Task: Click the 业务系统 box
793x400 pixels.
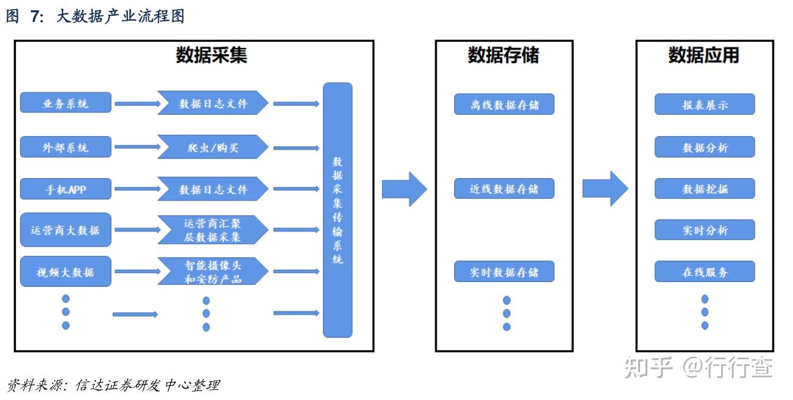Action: tap(66, 103)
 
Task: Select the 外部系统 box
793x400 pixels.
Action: tap(66, 147)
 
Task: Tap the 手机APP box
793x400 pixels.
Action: tap(66, 189)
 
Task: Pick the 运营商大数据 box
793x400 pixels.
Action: tap(66, 230)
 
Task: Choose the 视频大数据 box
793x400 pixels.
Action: tap(66, 272)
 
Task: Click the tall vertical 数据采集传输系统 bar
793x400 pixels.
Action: tap(338, 210)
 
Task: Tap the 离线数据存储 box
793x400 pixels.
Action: tap(504, 104)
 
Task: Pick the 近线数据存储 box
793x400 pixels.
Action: tap(504, 188)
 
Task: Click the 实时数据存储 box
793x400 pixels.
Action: tap(504, 271)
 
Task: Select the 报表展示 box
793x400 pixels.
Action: tap(704, 104)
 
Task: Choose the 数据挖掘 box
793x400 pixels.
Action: tap(704, 188)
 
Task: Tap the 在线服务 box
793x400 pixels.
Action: tap(704, 271)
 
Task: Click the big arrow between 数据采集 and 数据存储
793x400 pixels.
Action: tap(404, 189)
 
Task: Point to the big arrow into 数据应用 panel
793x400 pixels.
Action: tap(605, 188)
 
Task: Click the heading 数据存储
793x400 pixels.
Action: tap(503, 55)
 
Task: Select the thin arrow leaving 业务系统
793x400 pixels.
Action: tap(137, 103)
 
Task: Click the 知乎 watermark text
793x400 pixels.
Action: tap(649, 367)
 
